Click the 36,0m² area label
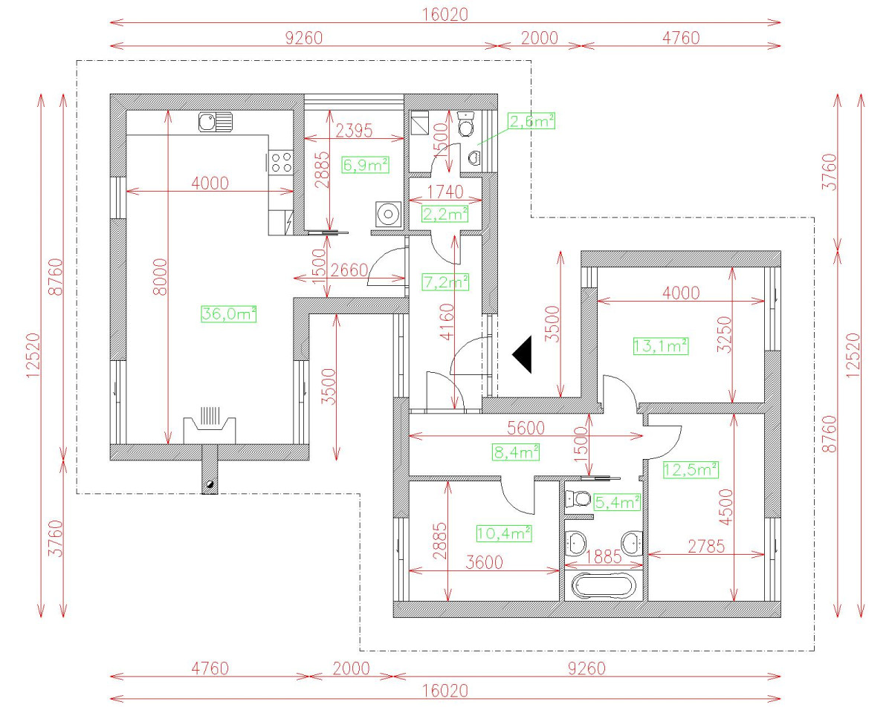pyautogui.click(x=228, y=314)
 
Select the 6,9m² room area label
pyautogui.click(x=365, y=165)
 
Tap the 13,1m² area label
pyautogui.click(x=660, y=345)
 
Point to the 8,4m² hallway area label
pyautogui.click(x=515, y=451)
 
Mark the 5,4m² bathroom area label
pyautogui.click(x=617, y=503)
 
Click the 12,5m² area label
pyautogui.click(x=690, y=469)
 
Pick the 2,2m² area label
pyautogui.click(x=445, y=215)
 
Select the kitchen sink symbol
pyautogui.click(x=216, y=122)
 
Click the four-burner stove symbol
pyautogui.click(x=282, y=161)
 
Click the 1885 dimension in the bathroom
pyautogui.click(x=604, y=556)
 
